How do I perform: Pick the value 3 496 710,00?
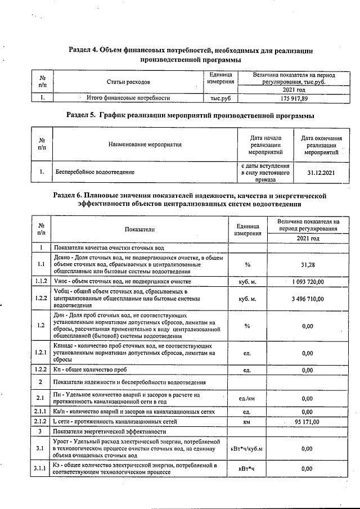[307, 299]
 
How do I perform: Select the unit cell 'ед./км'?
[247, 398]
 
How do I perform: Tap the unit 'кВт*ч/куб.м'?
[247, 448]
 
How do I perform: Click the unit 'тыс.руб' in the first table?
[220, 98]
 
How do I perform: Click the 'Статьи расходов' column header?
[128, 82]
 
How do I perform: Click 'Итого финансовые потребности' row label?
[128, 98]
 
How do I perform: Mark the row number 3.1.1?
[41, 469]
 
